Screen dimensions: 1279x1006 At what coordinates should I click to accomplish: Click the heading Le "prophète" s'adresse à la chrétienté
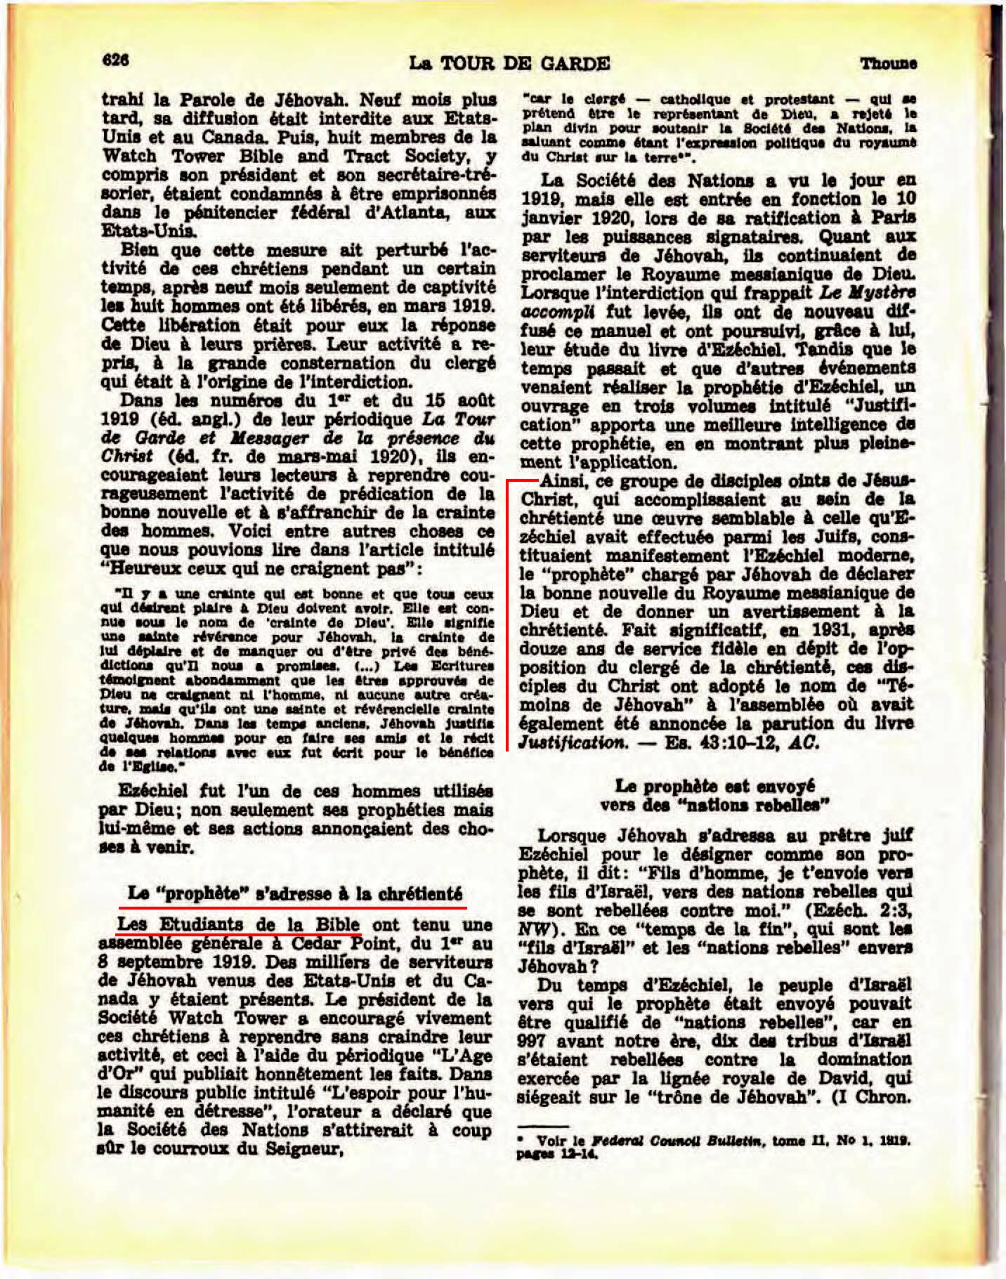point(296,894)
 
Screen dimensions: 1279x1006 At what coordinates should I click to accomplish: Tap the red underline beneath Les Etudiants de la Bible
point(239,936)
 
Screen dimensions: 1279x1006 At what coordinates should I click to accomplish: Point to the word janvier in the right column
point(550,218)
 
